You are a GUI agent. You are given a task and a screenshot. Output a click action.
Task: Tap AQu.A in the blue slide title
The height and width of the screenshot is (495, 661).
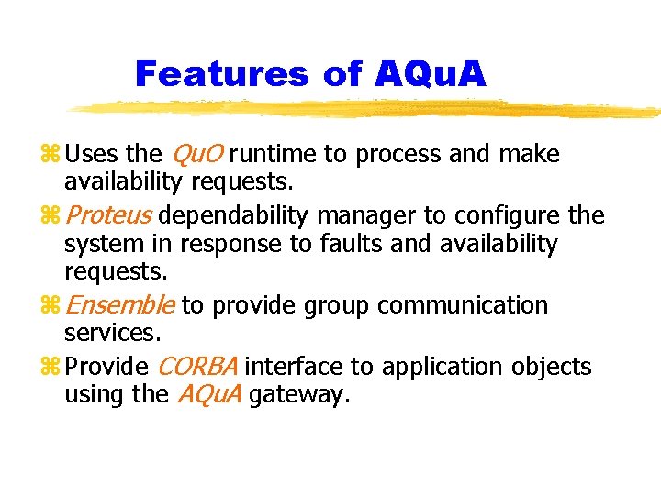tap(431, 73)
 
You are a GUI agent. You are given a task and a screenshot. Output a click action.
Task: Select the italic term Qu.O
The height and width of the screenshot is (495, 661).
tap(196, 155)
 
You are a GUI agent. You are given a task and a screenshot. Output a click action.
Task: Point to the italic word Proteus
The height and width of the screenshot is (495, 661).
tap(109, 216)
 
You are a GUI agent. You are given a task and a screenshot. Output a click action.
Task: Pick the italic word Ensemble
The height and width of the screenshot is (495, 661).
tap(120, 305)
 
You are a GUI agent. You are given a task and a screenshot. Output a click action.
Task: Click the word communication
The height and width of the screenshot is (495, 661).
tap(462, 305)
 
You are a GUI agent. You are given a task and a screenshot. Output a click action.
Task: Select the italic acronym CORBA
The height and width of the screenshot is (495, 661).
tap(198, 368)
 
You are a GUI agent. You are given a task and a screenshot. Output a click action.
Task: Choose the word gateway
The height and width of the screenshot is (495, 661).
tap(299, 395)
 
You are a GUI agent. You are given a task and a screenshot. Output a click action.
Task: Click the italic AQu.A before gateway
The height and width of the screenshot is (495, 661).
tap(208, 395)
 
